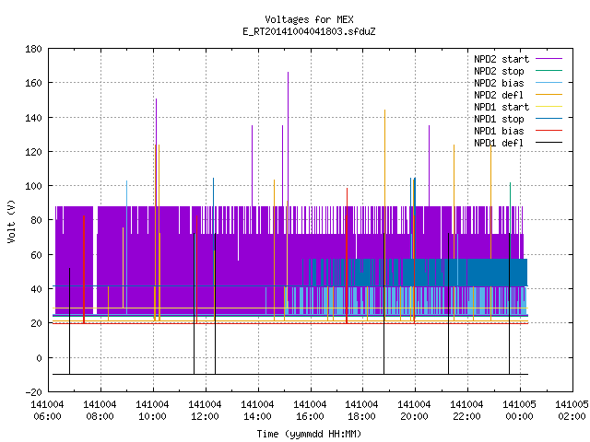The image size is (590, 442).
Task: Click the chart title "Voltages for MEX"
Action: pyautogui.click(x=309, y=19)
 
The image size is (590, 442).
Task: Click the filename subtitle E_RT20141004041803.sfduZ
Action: pyautogui.click(x=309, y=31)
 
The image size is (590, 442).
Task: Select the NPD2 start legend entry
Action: pyautogui.click(x=518, y=59)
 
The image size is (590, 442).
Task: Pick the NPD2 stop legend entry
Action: pyautogui.click(x=518, y=71)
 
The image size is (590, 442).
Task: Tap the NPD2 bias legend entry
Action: pyautogui.click(x=518, y=83)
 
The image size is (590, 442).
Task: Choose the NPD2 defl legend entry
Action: pyautogui.click(x=518, y=95)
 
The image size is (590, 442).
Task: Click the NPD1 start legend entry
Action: pyautogui.click(x=518, y=107)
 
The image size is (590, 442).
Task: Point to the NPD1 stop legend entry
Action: pyautogui.click(x=518, y=119)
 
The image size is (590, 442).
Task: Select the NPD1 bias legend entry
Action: pyautogui.click(x=518, y=131)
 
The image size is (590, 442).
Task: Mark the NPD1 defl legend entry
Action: pyautogui.click(x=518, y=144)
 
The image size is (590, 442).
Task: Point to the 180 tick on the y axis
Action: pyautogui.click(x=33, y=49)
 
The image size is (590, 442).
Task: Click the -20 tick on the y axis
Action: pyautogui.click(x=33, y=392)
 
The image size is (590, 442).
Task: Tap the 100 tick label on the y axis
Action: pyautogui.click(x=33, y=186)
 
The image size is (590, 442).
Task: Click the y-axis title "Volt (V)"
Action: pyautogui.click(x=11, y=221)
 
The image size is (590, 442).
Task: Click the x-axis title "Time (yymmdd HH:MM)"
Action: pyautogui.click(x=309, y=434)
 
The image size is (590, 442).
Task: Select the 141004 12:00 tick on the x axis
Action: pyautogui.click(x=205, y=411)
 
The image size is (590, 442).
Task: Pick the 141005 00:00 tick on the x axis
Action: pyautogui.click(x=519, y=411)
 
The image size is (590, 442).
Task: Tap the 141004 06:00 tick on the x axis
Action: pyautogui.click(x=47, y=411)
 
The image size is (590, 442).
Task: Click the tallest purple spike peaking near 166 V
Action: pyautogui.click(x=289, y=139)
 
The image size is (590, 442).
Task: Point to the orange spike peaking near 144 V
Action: pyautogui.click(x=385, y=215)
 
